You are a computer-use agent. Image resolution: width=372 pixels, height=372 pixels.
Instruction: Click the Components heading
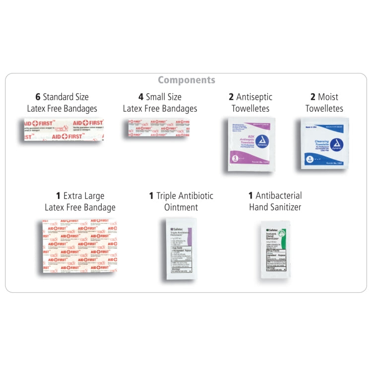point(186,80)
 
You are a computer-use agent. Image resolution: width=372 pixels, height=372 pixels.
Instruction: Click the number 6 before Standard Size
point(38,97)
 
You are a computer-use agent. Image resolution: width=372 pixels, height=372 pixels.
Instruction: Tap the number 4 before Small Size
point(141,97)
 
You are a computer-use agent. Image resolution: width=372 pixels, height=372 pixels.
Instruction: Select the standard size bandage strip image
point(63,129)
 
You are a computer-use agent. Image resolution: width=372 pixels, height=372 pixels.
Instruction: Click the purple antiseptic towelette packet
point(250,144)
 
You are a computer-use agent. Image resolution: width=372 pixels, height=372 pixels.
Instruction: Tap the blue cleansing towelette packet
point(324,143)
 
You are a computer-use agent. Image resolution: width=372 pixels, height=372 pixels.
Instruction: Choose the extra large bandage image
point(79,246)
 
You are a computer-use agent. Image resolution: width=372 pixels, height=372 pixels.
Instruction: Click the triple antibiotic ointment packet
point(181,248)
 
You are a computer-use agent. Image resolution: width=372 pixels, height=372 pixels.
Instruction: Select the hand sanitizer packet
point(275,249)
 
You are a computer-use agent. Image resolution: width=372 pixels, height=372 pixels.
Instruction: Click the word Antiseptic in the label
point(254,97)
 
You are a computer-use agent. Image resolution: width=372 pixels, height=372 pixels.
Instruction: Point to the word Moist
point(328,97)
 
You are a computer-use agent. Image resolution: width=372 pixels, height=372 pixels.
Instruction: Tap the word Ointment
point(181,207)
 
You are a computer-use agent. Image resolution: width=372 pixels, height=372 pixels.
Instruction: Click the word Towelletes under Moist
point(324,109)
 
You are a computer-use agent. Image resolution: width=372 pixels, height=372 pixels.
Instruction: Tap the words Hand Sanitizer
point(275,207)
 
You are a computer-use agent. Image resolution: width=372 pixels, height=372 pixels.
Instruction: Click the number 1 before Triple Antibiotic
point(151,196)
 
